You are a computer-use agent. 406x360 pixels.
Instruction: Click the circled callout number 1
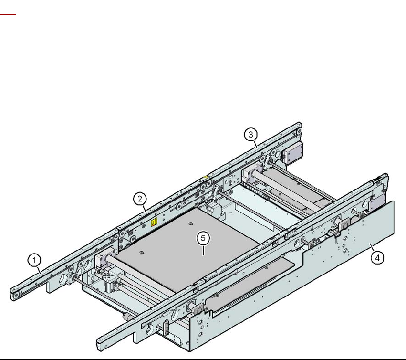coord(34,260)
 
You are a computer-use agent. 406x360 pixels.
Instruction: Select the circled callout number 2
coord(140,199)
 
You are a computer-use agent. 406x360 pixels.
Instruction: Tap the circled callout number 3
coord(250,135)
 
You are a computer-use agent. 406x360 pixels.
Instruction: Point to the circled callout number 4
coord(377,258)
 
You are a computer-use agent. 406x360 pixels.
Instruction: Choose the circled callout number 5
coord(203,238)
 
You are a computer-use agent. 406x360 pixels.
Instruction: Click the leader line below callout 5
coord(203,250)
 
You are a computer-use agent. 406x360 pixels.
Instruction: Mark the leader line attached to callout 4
coord(372,247)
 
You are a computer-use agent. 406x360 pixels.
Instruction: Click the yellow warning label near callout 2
coord(154,222)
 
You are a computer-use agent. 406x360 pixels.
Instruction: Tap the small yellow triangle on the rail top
coord(206,177)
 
